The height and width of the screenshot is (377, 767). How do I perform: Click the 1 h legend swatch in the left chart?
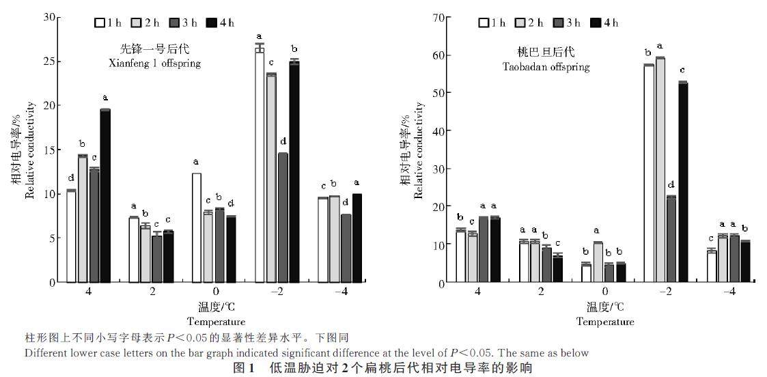point(100,23)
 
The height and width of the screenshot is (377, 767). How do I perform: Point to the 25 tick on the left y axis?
point(47,61)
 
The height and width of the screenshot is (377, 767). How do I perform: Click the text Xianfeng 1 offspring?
point(159,63)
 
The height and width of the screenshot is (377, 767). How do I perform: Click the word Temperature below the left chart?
point(216,321)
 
